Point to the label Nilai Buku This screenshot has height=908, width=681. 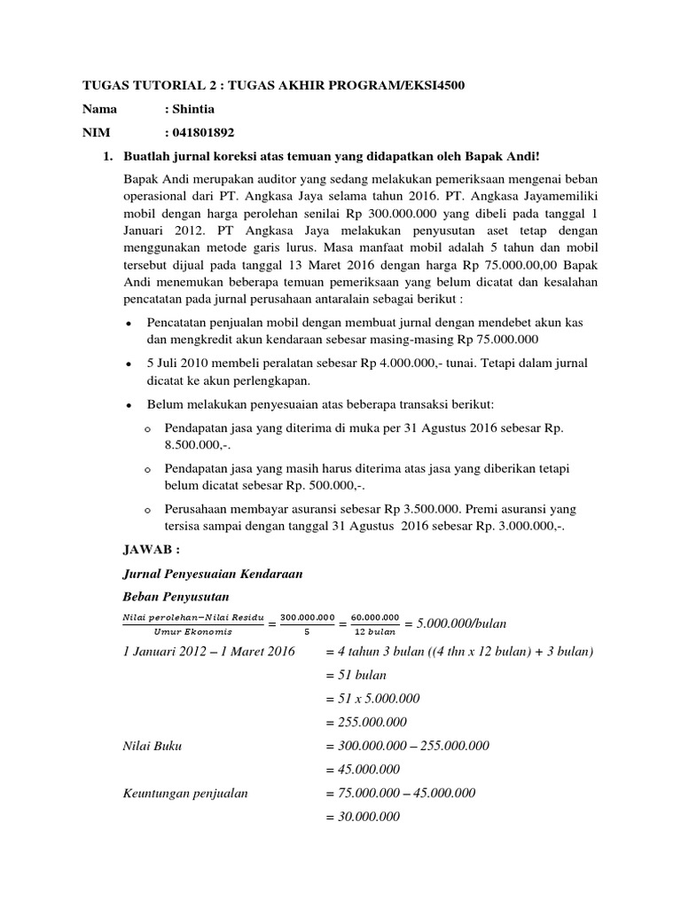152,746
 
